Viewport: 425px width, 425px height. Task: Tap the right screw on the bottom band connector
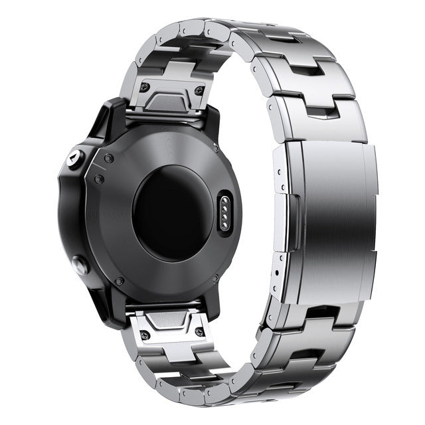[x=199, y=331]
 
